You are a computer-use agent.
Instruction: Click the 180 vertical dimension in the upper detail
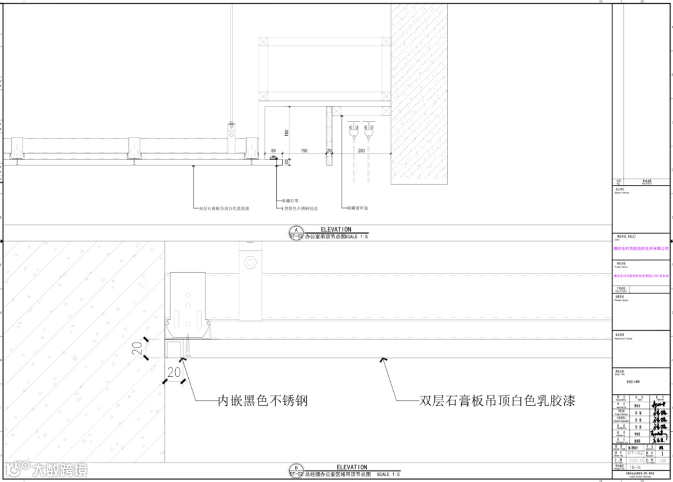[286, 132]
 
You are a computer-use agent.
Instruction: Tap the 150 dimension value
[304, 151]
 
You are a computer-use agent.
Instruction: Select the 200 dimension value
[361, 151]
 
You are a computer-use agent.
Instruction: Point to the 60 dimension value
[273, 151]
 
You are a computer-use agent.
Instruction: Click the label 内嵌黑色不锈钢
[262, 400]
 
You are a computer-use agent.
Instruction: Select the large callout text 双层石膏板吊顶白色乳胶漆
[497, 400]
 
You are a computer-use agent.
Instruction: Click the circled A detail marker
[296, 229]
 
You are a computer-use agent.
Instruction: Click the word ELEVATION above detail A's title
[336, 229]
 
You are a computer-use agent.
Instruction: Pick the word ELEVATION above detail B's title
[351, 467]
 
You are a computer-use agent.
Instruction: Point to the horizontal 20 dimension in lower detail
[174, 372]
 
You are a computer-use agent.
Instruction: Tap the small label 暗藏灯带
[291, 201]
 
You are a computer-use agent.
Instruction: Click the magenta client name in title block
[641, 248]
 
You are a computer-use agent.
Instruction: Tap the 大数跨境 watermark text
[60, 469]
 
